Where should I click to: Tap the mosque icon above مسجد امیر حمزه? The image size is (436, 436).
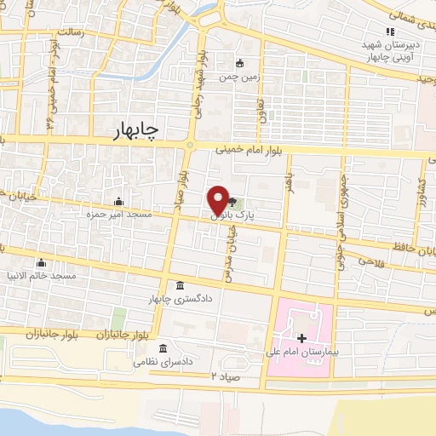pyautogui.click(x=118, y=202)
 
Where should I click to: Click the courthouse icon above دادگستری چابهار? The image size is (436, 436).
pyautogui.click(x=179, y=285)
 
